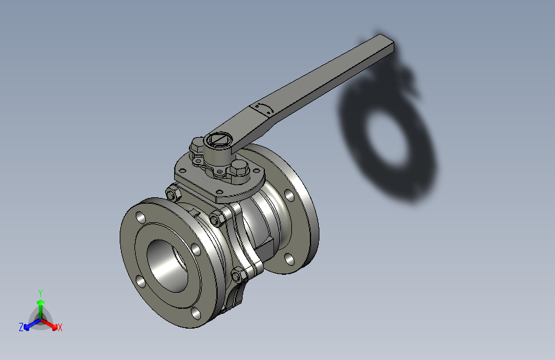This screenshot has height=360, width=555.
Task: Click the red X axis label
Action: click(x=60, y=327)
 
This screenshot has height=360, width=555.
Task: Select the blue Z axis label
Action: click(x=21, y=327)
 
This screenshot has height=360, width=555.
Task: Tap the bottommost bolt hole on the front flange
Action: click(x=195, y=314)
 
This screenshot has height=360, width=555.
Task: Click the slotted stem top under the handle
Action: click(x=219, y=139)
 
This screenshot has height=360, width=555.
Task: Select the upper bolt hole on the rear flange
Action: click(x=289, y=194)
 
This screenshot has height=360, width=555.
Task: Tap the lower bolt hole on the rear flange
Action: click(x=288, y=259)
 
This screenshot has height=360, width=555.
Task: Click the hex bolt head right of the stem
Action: click(x=238, y=170)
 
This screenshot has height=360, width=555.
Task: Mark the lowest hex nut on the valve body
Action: click(x=237, y=276)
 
